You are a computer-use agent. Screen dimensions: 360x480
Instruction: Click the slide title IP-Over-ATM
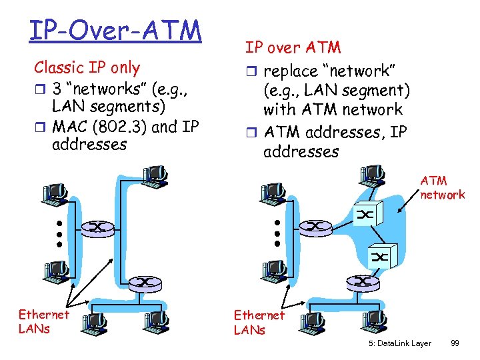click(x=115, y=30)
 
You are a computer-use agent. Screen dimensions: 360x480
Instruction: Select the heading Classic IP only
click(x=87, y=67)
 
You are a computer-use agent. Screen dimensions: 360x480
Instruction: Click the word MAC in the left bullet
click(x=71, y=125)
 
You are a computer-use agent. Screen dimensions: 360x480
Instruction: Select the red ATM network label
click(x=442, y=187)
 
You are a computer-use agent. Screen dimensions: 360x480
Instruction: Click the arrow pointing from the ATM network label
click(x=406, y=204)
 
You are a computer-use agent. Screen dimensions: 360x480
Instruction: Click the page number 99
click(x=455, y=343)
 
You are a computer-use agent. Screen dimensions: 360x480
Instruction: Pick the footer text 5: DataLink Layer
click(x=399, y=343)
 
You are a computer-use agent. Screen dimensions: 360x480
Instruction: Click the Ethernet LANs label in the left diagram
click(x=43, y=321)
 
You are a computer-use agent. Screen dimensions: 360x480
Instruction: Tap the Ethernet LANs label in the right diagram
click(x=259, y=321)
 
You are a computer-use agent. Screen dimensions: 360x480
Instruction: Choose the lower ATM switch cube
click(x=382, y=256)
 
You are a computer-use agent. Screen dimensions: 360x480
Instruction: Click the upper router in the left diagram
click(x=97, y=227)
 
